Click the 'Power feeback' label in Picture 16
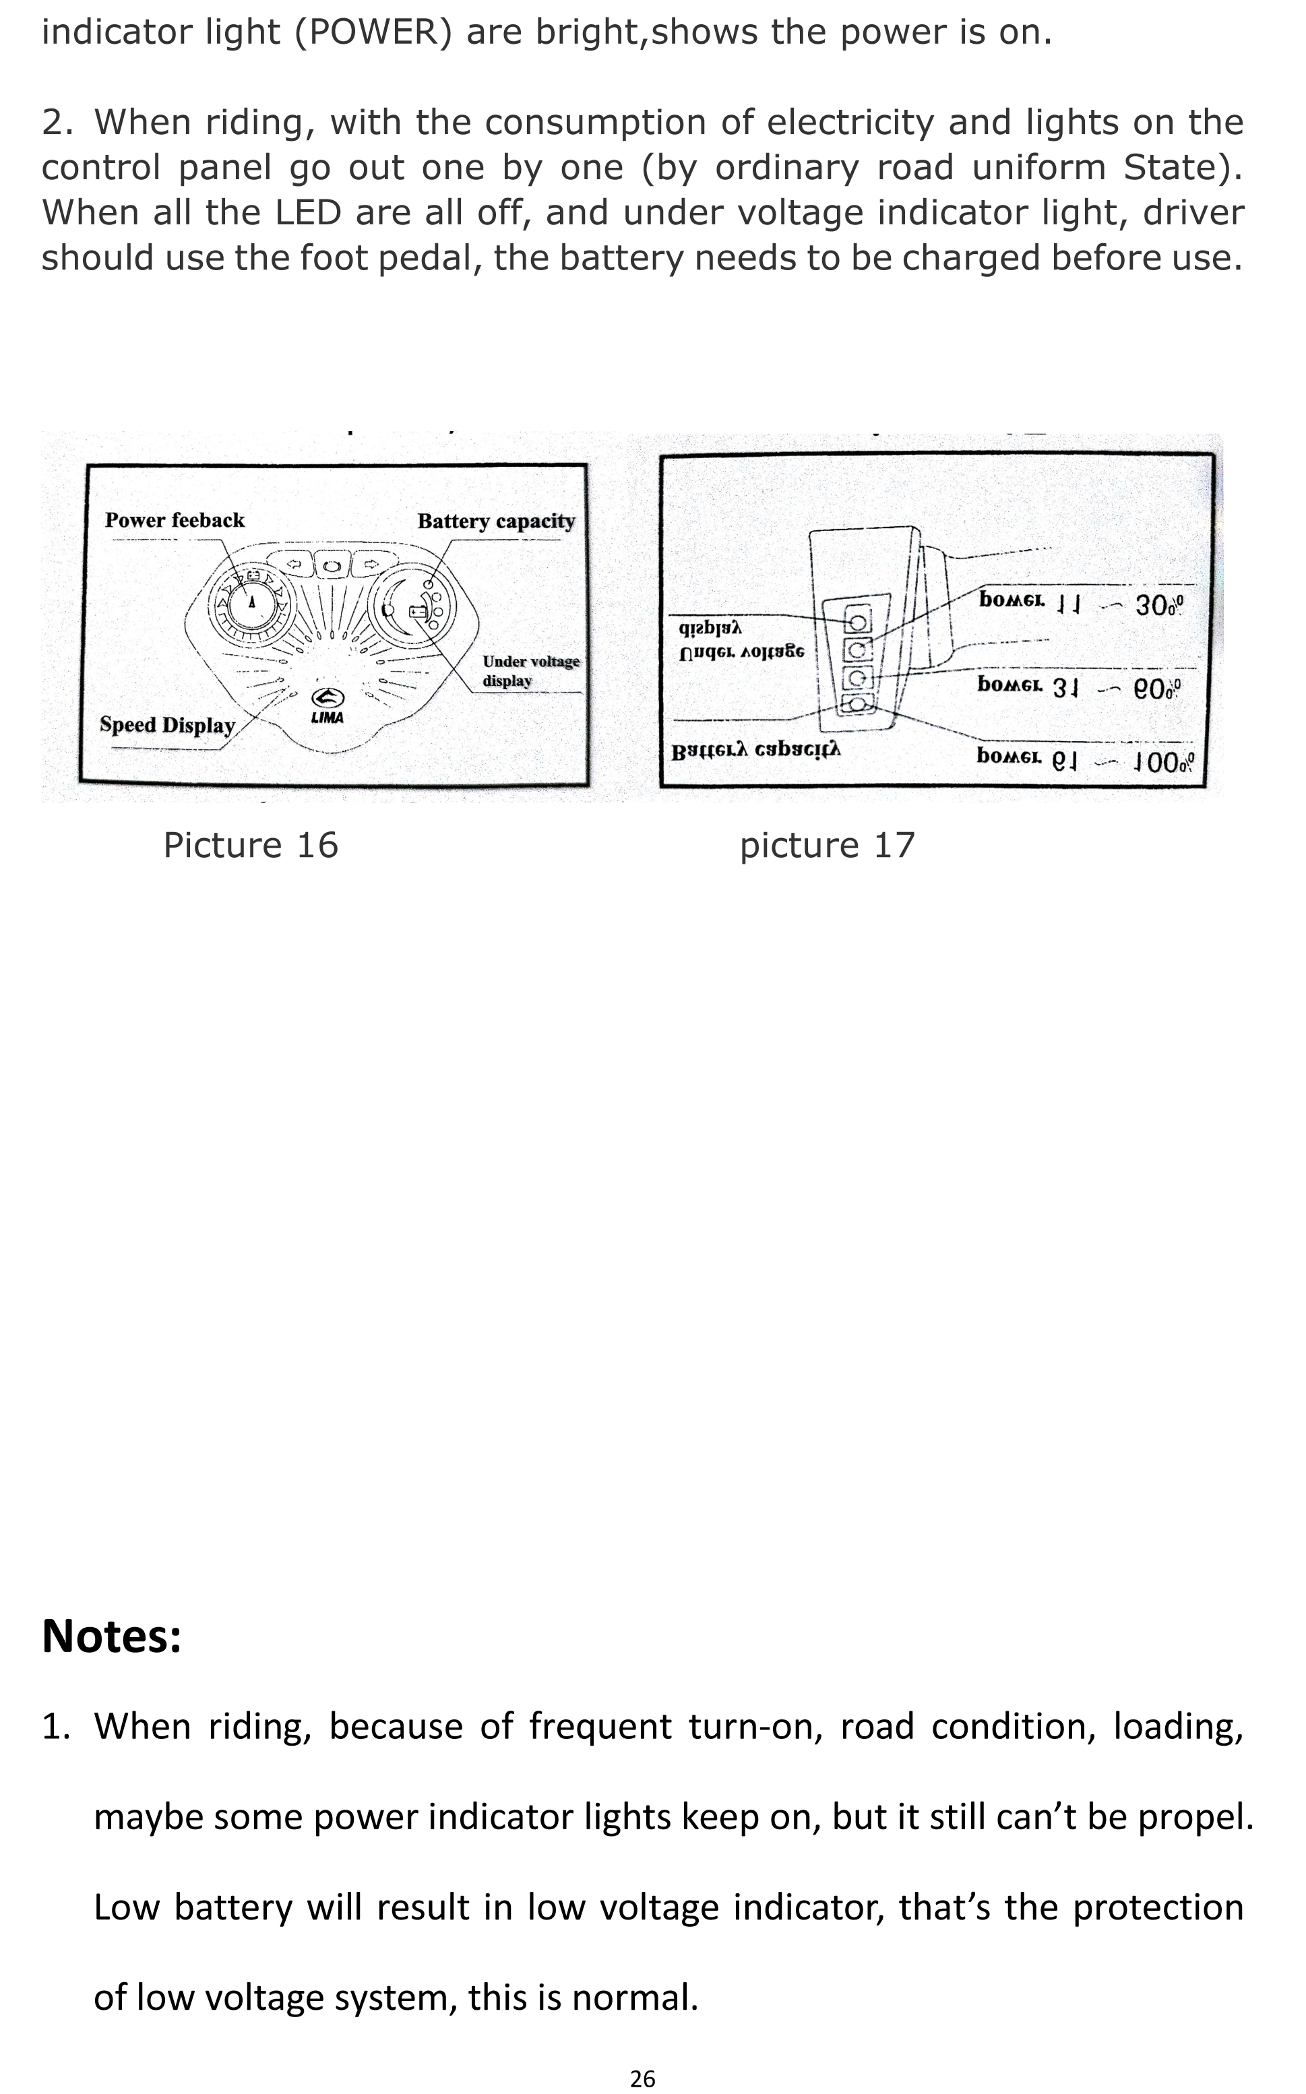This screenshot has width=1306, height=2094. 175,521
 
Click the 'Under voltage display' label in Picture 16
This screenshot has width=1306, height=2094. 530,671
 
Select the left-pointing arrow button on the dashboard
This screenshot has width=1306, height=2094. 294,565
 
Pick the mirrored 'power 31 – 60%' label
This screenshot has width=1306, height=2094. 1079,687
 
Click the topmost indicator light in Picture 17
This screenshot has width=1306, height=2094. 858,620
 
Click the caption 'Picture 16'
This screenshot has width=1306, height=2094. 251,846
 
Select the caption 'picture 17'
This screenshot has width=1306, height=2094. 827,846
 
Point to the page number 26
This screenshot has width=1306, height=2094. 643,2079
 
